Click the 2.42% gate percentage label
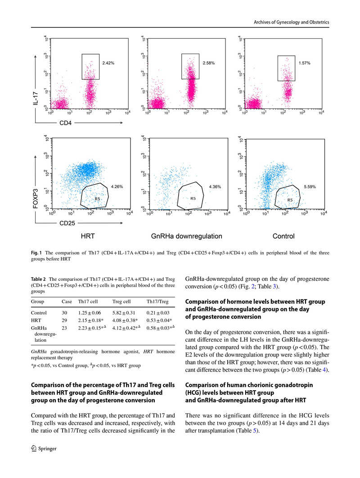click(108, 63)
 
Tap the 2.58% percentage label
click(209, 63)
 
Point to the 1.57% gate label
click(304, 63)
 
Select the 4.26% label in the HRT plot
click(117, 186)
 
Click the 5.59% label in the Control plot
click(310, 186)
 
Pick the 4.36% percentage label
click(215, 186)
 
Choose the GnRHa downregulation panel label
click(186, 236)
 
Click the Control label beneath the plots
click(283, 236)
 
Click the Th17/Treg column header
click(157, 301)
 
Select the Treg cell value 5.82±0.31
click(124, 312)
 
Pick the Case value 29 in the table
click(64, 320)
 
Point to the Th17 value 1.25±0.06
click(90, 312)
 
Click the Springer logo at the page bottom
click(41, 448)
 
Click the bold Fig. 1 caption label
click(36, 253)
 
